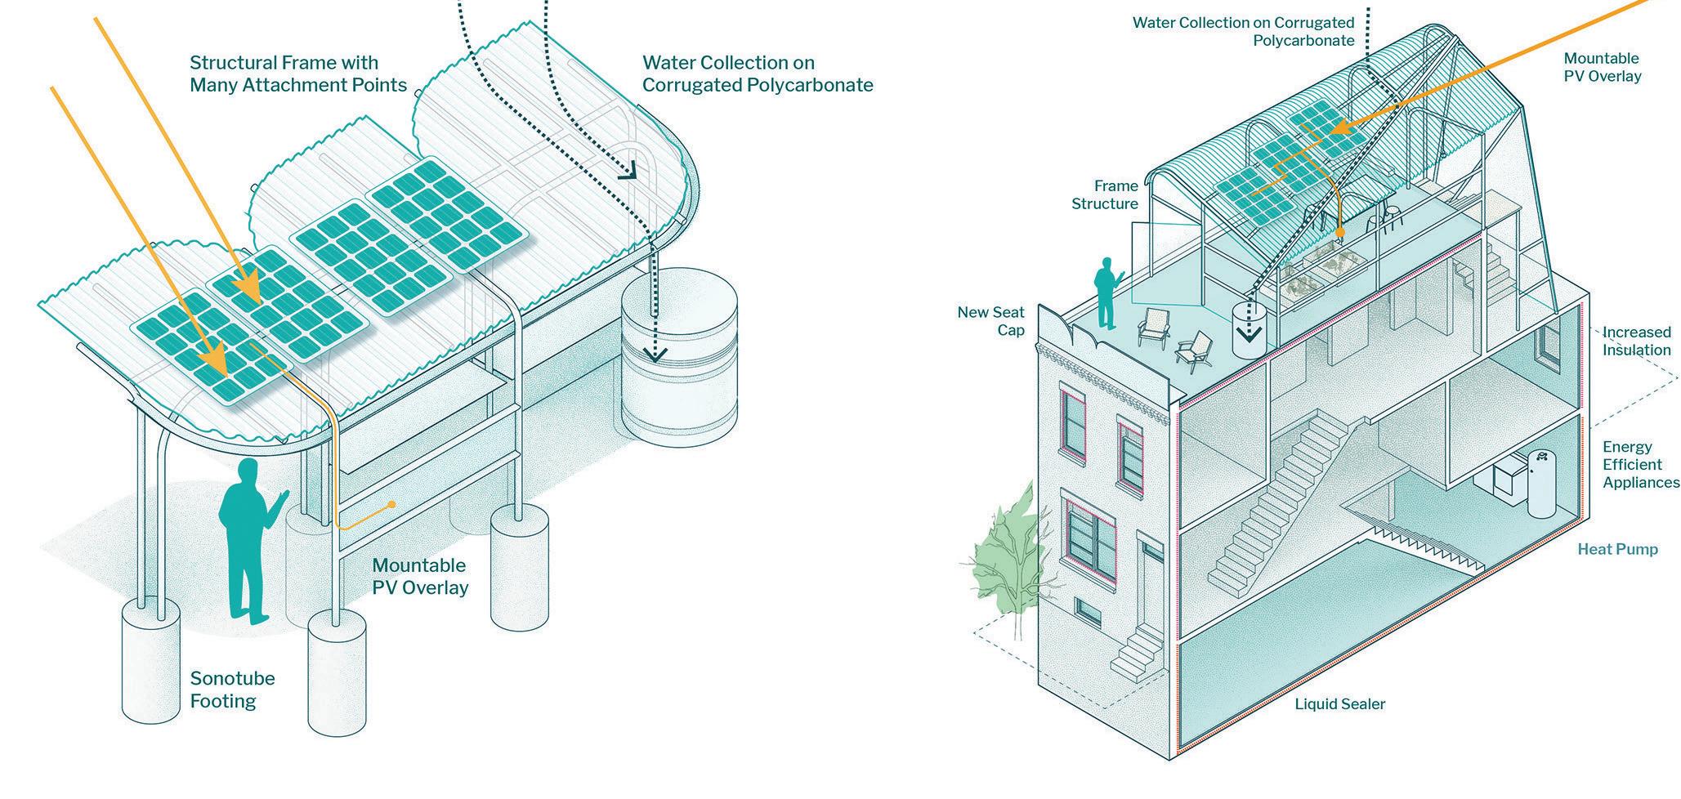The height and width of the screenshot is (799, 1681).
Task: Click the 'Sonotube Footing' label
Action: (x=232, y=690)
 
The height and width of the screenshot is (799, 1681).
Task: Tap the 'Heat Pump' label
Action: (x=1617, y=549)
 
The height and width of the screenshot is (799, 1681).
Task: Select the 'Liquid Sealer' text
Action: (x=1339, y=704)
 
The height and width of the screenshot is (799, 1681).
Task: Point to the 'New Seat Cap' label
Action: (x=990, y=321)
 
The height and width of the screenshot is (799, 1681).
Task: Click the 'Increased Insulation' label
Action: (x=1636, y=341)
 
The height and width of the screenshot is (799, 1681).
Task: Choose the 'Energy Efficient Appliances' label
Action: (x=1640, y=464)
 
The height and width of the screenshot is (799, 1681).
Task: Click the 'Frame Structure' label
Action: (x=1104, y=194)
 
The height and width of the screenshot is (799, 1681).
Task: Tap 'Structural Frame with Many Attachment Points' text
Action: (x=297, y=74)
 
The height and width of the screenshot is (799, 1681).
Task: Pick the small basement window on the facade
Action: (x=1086, y=609)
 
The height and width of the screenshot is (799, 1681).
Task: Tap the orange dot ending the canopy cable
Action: (x=393, y=504)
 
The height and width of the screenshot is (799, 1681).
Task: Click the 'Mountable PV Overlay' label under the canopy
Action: (x=420, y=576)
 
